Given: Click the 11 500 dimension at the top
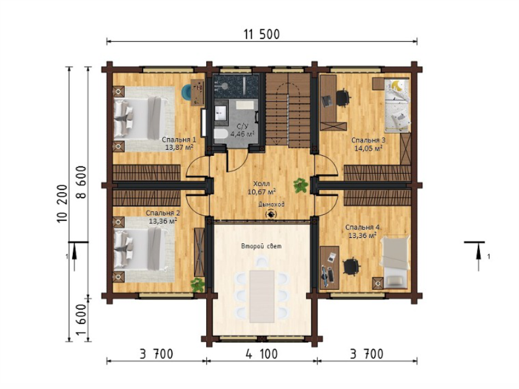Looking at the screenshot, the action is pos(262,34).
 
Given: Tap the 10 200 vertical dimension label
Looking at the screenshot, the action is pos(62,204).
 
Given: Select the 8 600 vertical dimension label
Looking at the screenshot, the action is pos(81,182).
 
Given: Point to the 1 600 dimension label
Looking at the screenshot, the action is pos(81,320).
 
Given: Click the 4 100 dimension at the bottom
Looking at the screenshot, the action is pos(261,354).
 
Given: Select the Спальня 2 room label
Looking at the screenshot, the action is pos(163,213).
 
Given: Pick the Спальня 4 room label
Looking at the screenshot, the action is pos(363,228).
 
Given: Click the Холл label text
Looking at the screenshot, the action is pos(261,183).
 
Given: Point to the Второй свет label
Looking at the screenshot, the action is pos(261,246).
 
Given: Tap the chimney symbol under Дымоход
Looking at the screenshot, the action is pos(271,214).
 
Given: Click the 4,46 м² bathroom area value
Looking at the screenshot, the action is pos(242,134).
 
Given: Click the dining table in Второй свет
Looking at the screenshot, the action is pos(262,297).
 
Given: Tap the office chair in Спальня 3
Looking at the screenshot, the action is pos(343,98).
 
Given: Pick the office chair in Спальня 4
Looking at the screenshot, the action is pos(351,266).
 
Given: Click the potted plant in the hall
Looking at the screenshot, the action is pos(301,185).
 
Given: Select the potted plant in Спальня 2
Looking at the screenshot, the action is pos(198,285).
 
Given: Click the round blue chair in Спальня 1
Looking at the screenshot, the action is pos(187,92).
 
